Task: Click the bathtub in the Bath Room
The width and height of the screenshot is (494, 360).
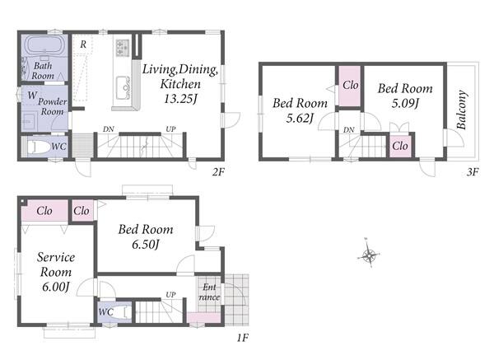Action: coord(44,45)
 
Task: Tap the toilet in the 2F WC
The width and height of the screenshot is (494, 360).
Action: coord(39,147)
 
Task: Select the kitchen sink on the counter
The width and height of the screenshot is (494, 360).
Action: coord(123,87)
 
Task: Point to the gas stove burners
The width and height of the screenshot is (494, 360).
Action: coord(123,48)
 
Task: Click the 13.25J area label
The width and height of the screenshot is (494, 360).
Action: coord(180,99)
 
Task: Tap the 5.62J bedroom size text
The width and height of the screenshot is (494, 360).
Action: coord(300,118)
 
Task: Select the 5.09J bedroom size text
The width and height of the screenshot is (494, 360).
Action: coord(405,103)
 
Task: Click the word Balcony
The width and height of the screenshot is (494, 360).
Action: coord(461,110)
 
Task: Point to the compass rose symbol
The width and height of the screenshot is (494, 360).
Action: coord(369,254)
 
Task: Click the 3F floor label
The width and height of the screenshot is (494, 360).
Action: coord(473,172)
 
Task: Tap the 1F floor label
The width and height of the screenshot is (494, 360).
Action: coord(242,338)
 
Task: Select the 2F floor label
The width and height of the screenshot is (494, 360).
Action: coord(218,172)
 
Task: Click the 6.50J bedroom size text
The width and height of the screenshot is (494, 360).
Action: coord(146,245)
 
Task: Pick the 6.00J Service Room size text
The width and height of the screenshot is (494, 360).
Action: coord(56,287)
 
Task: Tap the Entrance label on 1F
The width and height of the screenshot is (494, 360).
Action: coord(209,292)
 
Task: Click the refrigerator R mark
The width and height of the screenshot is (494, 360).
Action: coord(83,44)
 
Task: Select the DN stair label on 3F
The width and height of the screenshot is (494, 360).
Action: coord(349,129)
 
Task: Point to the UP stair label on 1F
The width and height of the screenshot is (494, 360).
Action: coord(170,294)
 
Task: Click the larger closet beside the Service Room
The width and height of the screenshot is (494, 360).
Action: coord(44,211)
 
